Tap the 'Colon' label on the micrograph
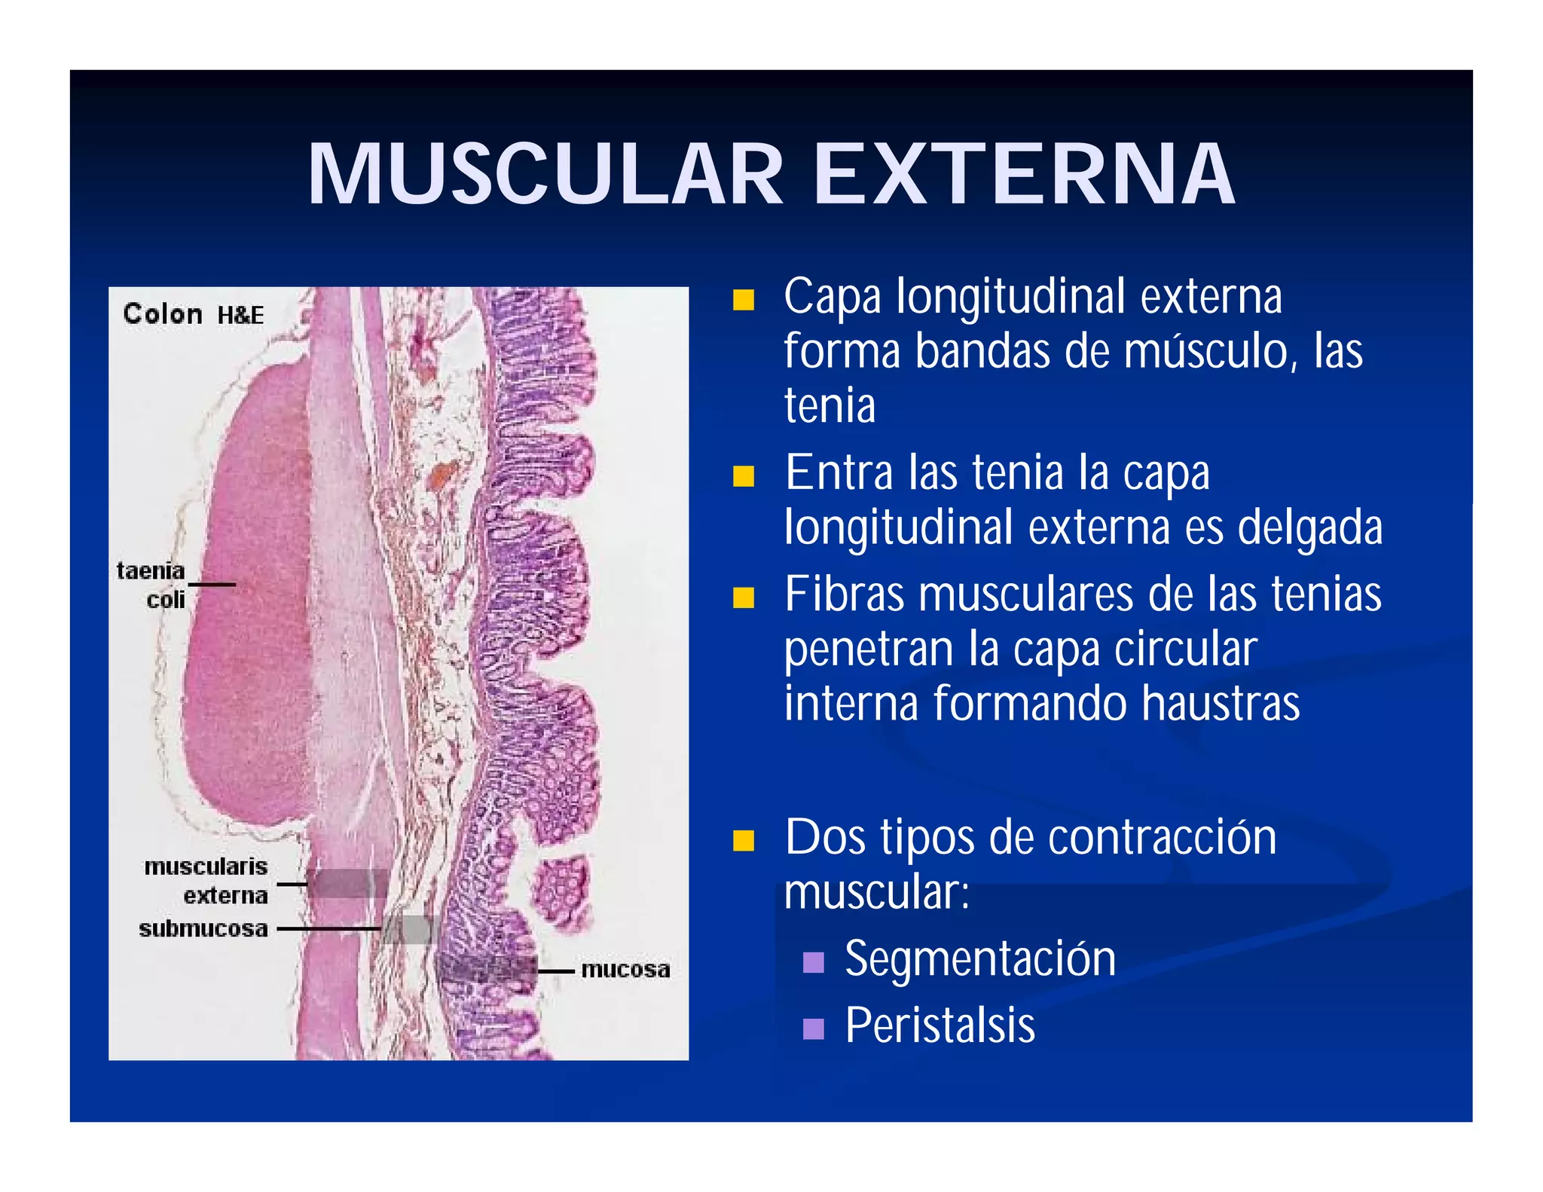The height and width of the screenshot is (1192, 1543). tap(163, 314)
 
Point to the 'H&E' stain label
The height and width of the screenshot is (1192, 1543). tap(241, 315)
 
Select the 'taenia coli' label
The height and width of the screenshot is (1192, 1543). tap(151, 585)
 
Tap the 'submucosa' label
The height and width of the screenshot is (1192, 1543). tap(203, 929)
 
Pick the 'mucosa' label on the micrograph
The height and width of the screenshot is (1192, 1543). tap(625, 970)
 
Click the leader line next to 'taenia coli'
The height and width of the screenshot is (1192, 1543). tap(212, 585)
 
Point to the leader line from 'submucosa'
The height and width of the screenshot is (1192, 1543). tap(328, 929)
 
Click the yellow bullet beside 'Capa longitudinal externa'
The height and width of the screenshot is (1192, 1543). tap(744, 300)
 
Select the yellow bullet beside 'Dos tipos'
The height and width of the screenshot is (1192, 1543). tap(744, 840)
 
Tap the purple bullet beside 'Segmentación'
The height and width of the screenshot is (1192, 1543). tap(814, 962)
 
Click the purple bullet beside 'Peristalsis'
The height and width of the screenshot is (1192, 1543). tap(814, 1028)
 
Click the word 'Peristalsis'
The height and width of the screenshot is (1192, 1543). tap(940, 1025)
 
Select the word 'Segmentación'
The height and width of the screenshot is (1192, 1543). tap(980, 960)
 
